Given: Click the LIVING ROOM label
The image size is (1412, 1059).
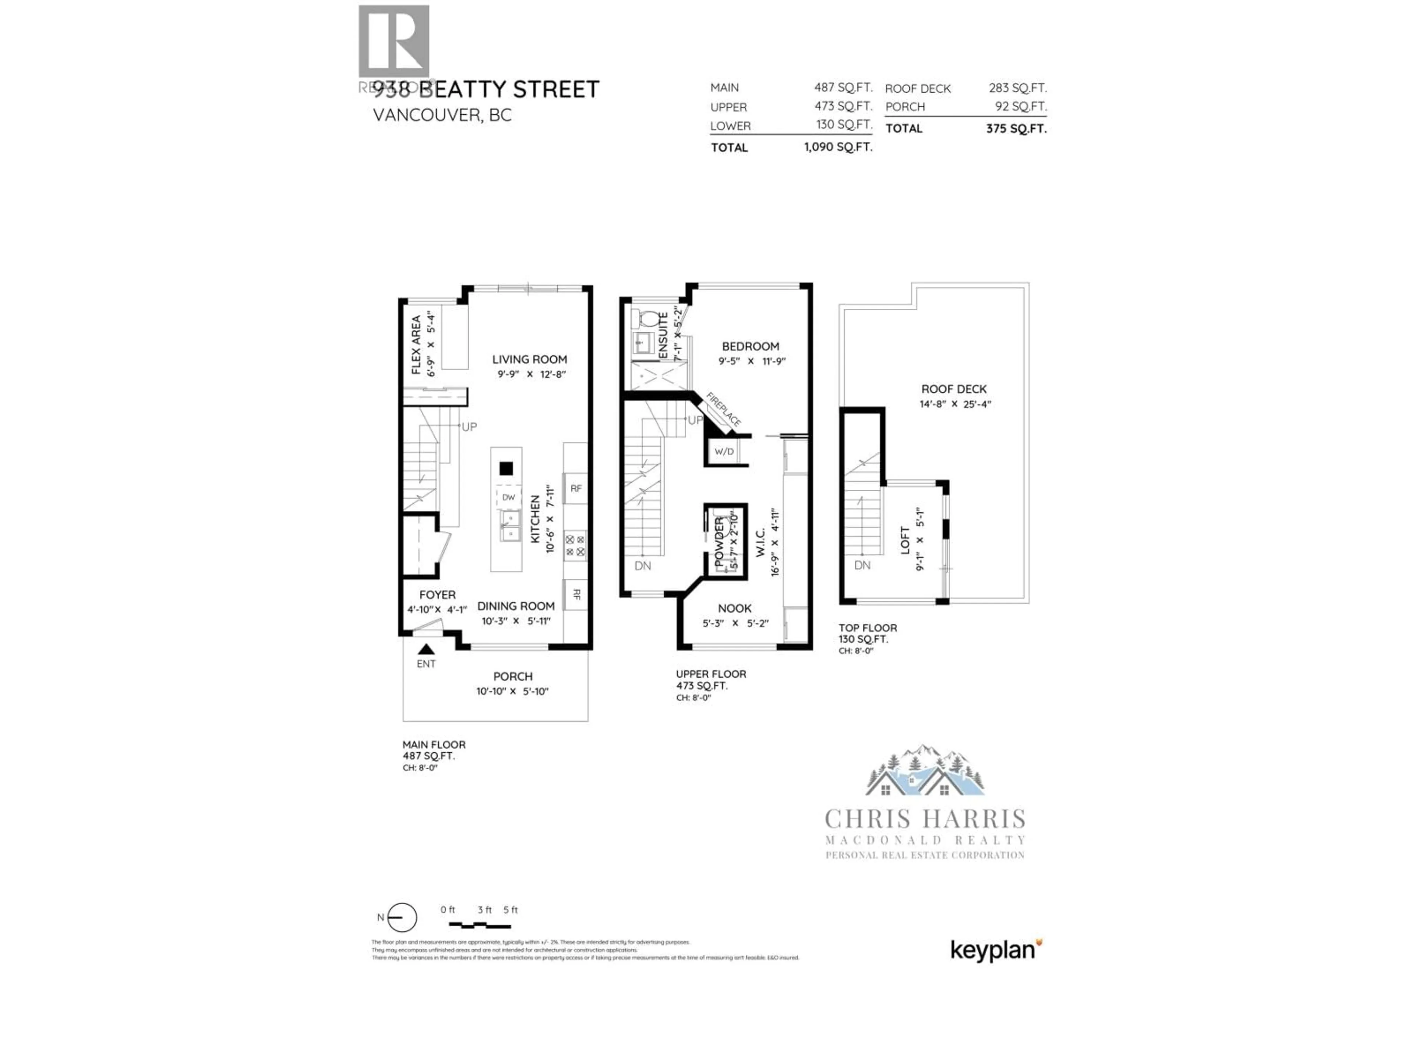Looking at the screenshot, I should pos(529,359).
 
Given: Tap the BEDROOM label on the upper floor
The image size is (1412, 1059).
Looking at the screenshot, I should pos(750,347).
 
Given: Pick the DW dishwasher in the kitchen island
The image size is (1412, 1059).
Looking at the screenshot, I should pos(508,497).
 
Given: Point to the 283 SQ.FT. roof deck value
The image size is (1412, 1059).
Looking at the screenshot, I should pos(1017,88).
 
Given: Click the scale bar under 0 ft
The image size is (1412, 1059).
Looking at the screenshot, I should pos(479,925).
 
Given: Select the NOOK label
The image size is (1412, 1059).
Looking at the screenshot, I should pos(735,608).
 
